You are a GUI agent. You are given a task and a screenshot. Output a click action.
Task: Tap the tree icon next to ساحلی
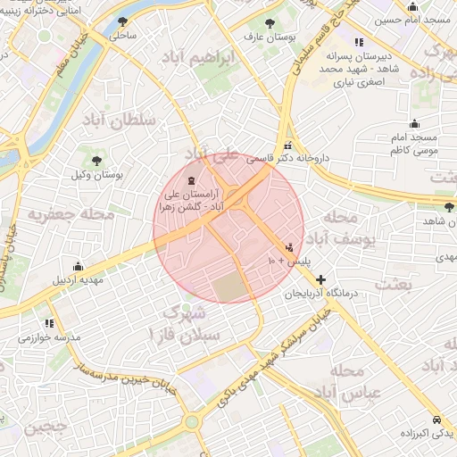coord(123,22)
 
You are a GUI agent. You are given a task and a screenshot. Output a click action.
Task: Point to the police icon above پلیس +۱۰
coord(288,247)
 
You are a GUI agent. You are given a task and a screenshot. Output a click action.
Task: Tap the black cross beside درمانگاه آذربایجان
coord(321,279)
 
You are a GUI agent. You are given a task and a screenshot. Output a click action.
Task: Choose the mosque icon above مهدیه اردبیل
coord(78,266)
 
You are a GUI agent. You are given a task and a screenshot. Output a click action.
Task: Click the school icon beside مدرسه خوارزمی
coord(49,323)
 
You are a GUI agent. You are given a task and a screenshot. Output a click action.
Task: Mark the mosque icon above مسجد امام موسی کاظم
coord(413,124)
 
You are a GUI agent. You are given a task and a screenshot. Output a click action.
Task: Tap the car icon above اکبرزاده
coord(435,419)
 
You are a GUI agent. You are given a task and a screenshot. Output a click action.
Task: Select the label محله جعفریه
coord(71,215)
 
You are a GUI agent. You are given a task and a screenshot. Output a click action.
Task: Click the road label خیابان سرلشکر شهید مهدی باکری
coord(272,355)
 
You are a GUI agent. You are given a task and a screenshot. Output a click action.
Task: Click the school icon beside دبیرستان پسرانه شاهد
coord(358,42)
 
